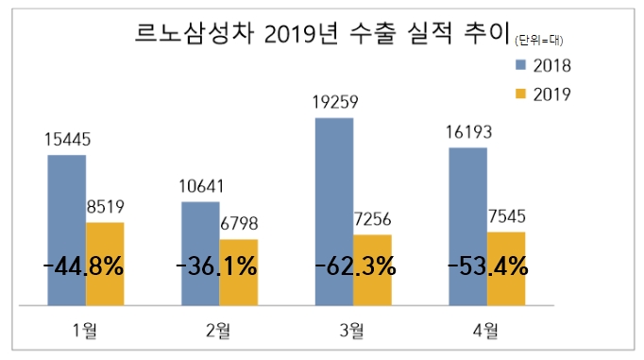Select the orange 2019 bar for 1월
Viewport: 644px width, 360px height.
coord(105,264)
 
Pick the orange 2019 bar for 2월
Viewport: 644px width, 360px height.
coord(238,272)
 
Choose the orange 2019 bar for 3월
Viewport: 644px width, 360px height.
coord(372,269)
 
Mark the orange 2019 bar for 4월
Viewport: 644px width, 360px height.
coord(506,268)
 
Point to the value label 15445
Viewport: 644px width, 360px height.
coord(67,140)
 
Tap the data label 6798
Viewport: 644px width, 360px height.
coord(238,225)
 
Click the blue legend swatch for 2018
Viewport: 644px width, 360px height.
coord(518,65)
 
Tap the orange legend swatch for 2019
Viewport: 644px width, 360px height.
coord(518,93)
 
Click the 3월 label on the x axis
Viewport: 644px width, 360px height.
coord(351,329)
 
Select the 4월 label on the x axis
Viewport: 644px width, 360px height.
coord(486,329)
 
